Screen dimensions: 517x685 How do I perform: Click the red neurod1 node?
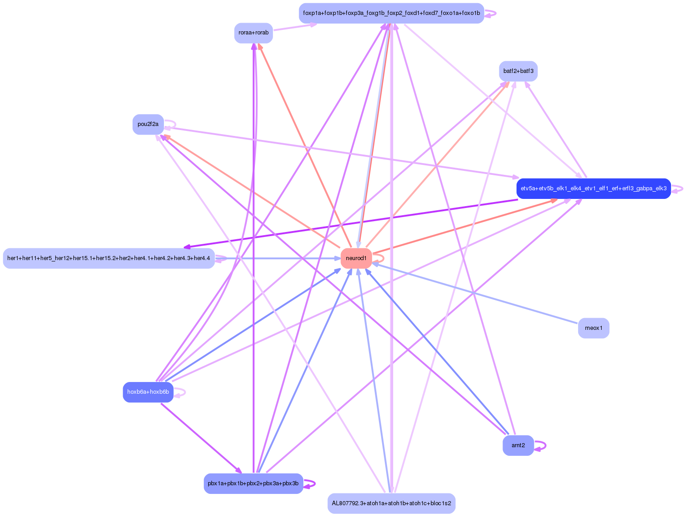(356, 258)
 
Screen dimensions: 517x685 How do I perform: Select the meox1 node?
(593, 328)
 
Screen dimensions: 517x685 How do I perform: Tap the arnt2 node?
(518, 445)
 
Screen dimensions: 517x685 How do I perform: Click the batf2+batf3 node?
(518, 71)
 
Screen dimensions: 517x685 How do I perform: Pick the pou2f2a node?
(148, 124)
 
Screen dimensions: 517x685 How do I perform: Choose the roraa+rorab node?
(253, 33)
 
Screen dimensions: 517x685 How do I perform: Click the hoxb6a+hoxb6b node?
(148, 392)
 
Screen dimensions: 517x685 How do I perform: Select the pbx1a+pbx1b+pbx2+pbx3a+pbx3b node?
(253, 483)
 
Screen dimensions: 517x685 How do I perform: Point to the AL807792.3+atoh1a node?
(391, 503)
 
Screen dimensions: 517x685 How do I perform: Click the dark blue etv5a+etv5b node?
(593, 188)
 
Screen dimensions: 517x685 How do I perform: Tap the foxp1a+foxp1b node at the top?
(391, 13)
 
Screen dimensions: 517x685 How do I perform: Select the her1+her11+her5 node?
(109, 258)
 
